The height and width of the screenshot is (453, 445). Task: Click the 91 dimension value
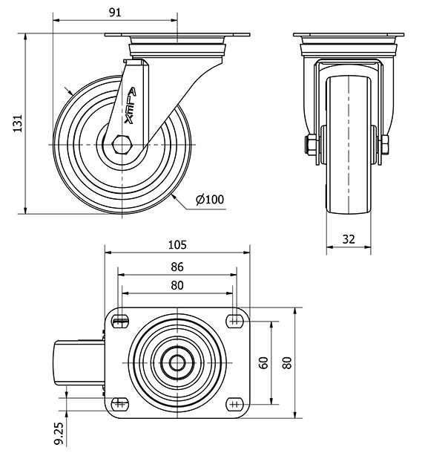click(x=115, y=13)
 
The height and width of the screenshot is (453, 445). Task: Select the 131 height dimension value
click(x=18, y=124)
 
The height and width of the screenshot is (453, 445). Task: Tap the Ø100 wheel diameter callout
click(x=210, y=199)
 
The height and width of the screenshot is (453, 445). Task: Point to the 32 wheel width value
click(x=349, y=239)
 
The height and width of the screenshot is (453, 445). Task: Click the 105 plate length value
click(x=177, y=245)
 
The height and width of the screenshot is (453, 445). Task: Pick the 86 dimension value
click(x=177, y=267)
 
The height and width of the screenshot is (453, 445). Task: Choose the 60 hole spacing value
click(x=264, y=363)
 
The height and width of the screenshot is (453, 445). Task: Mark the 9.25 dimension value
click(x=59, y=433)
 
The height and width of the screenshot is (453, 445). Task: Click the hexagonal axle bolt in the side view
click(x=122, y=144)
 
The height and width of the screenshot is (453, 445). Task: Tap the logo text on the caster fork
click(x=130, y=106)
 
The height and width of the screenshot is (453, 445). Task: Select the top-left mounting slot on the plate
click(x=120, y=322)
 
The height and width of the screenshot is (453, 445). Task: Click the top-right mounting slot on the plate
click(x=234, y=322)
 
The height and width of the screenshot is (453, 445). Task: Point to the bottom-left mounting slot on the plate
click(x=120, y=404)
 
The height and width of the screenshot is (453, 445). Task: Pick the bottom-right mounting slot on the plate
click(x=234, y=404)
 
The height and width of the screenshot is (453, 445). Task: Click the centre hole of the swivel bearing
click(x=177, y=363)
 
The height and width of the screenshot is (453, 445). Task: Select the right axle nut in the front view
click(x=385, y=145)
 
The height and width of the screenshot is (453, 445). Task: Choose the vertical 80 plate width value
click(x=287, y=363)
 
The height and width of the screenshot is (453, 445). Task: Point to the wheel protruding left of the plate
click(x=79, y=363)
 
